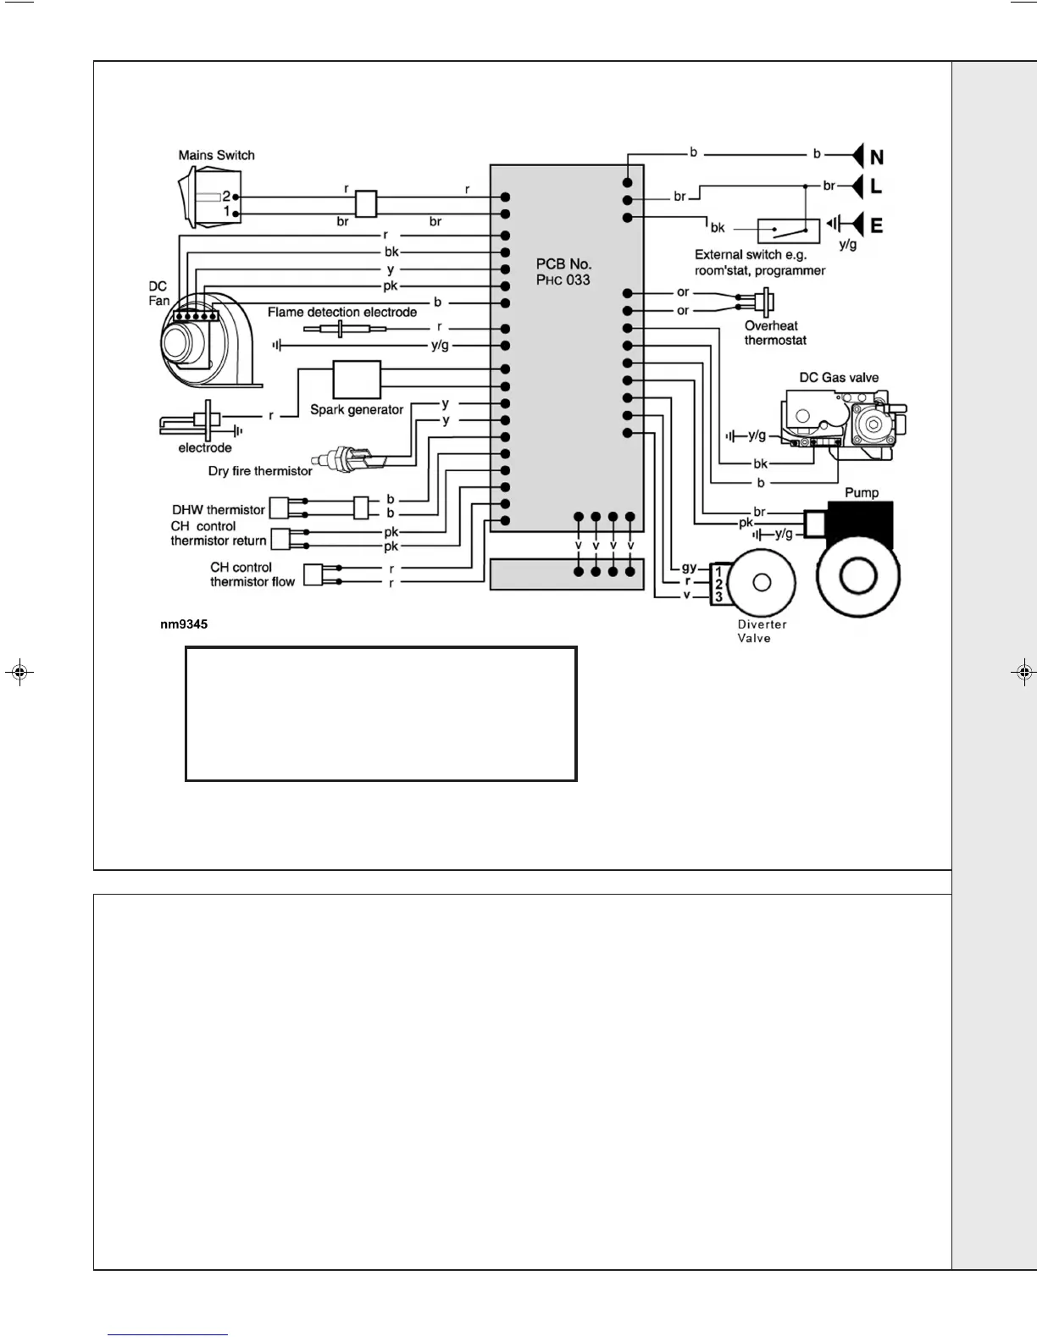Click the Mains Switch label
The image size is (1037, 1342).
[216, 155]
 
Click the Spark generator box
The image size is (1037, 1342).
[357, 380]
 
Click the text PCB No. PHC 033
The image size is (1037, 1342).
[563, 272]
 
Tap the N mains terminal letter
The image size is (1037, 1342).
[877, 158]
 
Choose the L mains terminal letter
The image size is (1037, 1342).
[876, 186]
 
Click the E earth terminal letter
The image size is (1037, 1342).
[877, 225]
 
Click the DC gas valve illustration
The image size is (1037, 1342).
[843, 422]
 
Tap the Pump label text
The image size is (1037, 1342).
[861, 492]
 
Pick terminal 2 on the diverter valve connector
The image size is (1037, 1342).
[718, 585]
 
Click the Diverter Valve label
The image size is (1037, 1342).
[762, 631]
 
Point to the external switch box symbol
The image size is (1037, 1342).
[789, 229]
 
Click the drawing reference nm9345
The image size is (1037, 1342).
[184, 624]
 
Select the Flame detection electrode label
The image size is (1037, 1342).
[342, 312]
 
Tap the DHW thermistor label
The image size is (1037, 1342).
[219, 510]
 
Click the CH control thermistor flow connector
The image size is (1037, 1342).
[313, 574]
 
